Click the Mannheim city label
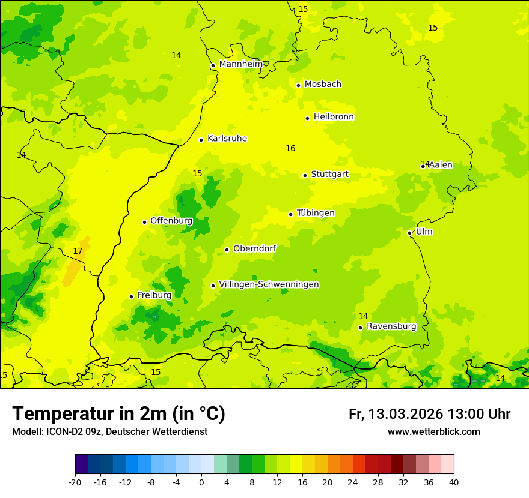click(240, 64)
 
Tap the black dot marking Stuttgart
click(305, 175)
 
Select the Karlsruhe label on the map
click(227, 139)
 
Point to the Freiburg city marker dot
click(131, 296)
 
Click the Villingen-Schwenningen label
click(269, 284)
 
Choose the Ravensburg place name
click(391, 326)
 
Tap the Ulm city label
click(424, 232)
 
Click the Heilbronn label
click(334, 117)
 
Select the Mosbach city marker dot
click(298, 85)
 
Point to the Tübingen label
click(316, 213)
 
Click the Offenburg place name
click(171, 221)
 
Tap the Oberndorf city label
click(254, 248)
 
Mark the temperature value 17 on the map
click(78, 251)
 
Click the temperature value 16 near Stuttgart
click(290, 148)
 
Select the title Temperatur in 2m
click(118, 414)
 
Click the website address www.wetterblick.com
click(433, 432)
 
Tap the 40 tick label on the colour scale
click(453, 482)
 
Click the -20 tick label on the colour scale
click(75, 482)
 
